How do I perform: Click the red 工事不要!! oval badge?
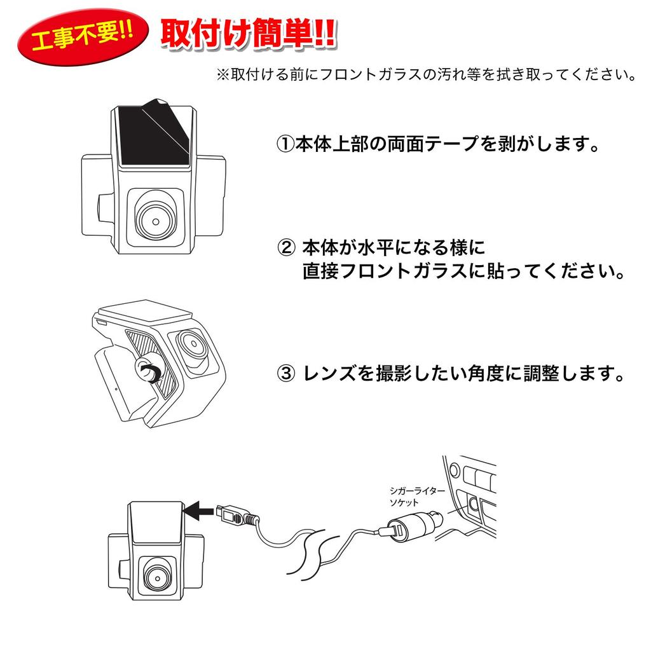tap(81, 39)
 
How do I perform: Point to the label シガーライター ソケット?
tap(413, 497)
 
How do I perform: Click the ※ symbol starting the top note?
tap(223, 75)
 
